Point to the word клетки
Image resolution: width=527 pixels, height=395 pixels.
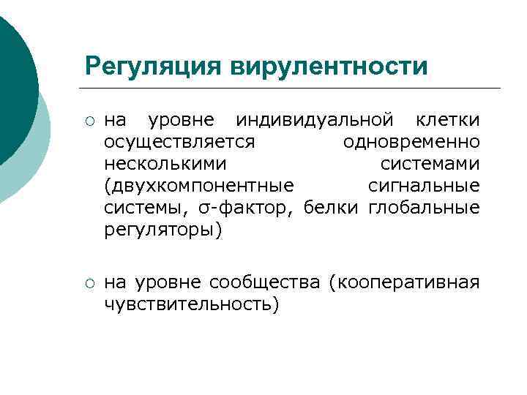447,118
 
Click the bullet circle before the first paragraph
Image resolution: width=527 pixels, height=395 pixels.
89,119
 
